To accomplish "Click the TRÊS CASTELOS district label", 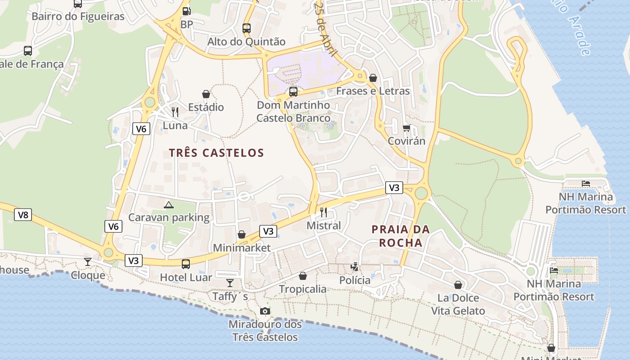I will click(x=216, y=153).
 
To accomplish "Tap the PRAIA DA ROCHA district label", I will click(x=400, y=236).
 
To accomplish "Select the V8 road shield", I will click(x=23, y=215).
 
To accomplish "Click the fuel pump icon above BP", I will click(x=186, y=11).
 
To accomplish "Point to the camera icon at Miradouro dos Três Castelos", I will click(x=265, y=311).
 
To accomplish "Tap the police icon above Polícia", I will click(x=355, y=267).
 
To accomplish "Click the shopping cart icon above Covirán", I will click(x=407, y=128).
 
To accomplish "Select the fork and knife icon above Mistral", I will click(x=324, y=212).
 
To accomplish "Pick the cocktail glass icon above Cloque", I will click(x=88, y=261).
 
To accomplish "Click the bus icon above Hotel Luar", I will click(x=186, y=264).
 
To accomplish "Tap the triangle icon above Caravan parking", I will click(x=169, y=205).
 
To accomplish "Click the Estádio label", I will click(x=206, y=107).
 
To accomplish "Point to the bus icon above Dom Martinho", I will click(x=293, y=92).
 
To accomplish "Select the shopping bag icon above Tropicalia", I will click(x=303, y=275).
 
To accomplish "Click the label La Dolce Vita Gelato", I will click(x=458, y=304).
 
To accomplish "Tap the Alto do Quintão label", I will click(x=246, y=42).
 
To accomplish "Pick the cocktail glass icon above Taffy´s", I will click(x=230, y=283).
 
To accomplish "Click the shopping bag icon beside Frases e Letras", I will click(x=373, y=78).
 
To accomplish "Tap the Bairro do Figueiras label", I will click(x=78, y=17).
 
